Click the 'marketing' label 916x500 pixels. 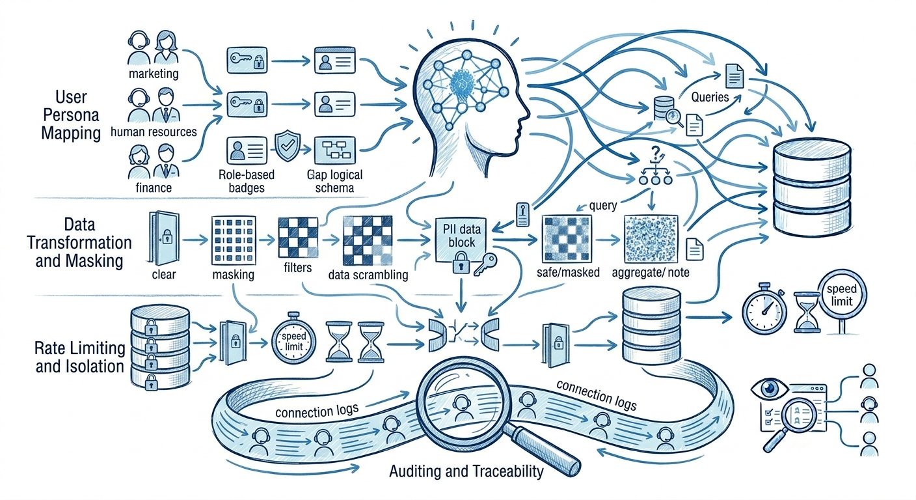(x=154, y=74)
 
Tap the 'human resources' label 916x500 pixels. (x=154, y=132)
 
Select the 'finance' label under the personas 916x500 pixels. (x=154, y=187)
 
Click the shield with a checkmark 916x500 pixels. (x=288, y=145)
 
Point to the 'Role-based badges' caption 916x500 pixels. (x=247, y=181)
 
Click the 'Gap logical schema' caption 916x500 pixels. (x=334, y=181)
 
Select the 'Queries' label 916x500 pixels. (x=710, y=97)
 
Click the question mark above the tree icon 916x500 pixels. (x=656, y=153)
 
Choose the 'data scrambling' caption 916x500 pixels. (x=368, y=275)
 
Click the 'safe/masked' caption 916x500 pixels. (x=568, y=272)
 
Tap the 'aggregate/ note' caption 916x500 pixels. (x=650, y=272)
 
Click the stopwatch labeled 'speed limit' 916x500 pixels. (x=293, y=339)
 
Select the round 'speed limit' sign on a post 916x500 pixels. (x=842, y=295)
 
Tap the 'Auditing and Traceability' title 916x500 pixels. (x=466, y=471)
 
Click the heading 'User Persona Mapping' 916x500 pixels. (x=71, y=115)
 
